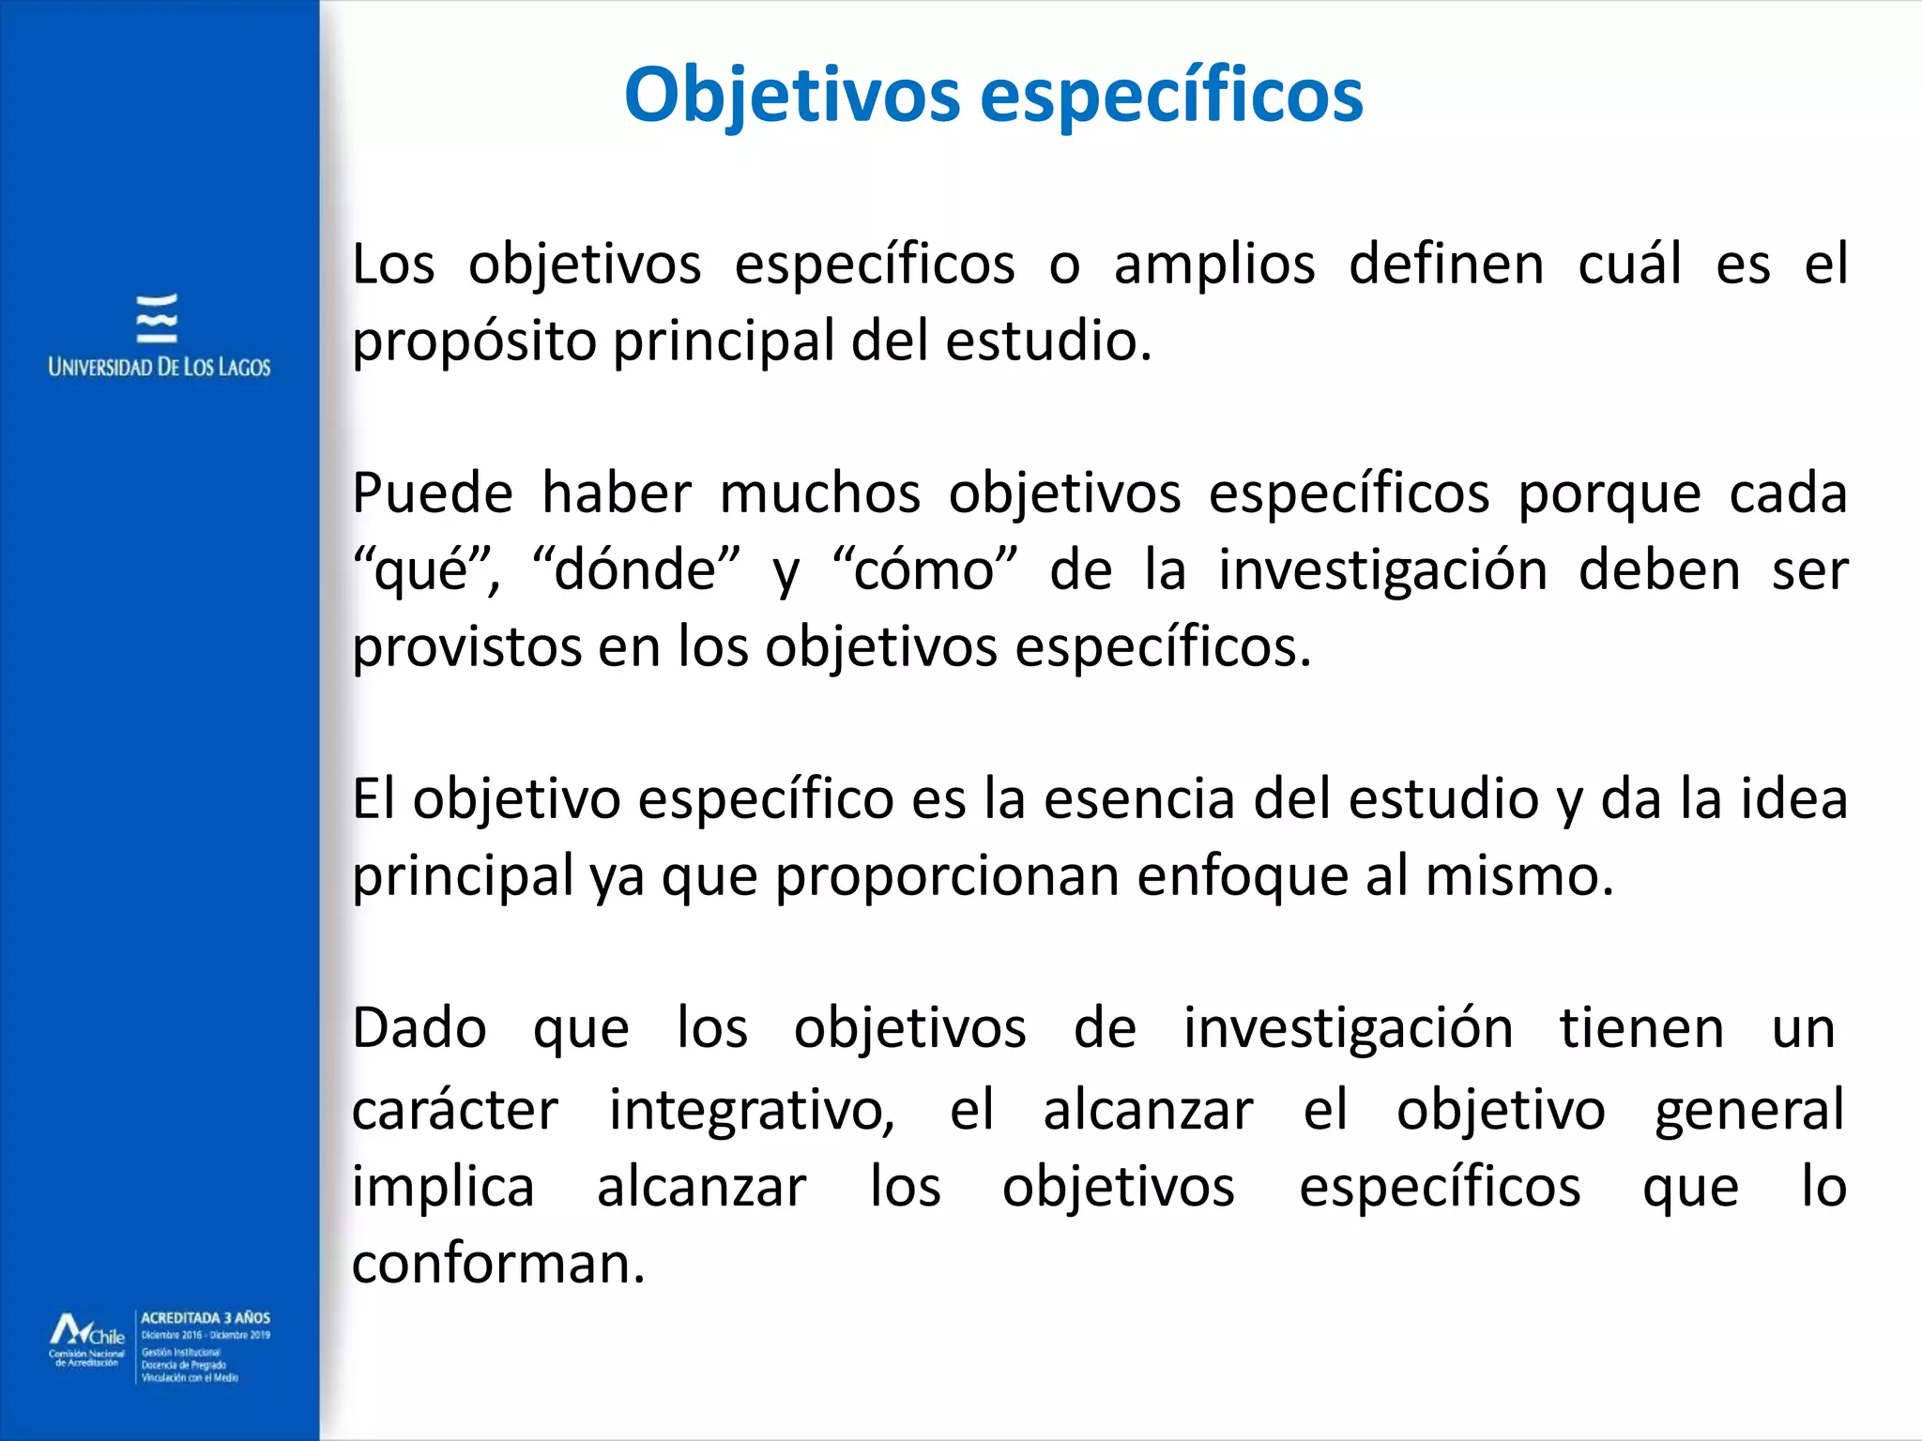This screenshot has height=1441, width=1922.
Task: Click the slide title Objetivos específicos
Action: coord(993,96)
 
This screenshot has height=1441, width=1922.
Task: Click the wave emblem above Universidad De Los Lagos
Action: coord(157,319)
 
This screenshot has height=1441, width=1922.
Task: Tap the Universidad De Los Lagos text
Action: coord(159,367)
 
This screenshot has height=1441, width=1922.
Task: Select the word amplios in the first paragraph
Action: coord(1214,265)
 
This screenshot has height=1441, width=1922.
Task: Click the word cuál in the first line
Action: coord(1629,264)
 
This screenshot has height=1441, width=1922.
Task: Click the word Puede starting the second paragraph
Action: coord(432,494)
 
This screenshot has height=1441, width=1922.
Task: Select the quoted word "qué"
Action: coord(425,571)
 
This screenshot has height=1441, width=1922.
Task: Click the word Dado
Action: coord(419,1028)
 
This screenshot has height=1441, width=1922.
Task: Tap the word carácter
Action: coord(454,1110)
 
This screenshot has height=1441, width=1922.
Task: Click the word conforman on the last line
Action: coord(497,1264)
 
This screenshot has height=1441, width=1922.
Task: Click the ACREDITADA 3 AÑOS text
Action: coord(206,1318)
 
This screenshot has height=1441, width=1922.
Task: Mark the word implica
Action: coord(443,1188)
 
